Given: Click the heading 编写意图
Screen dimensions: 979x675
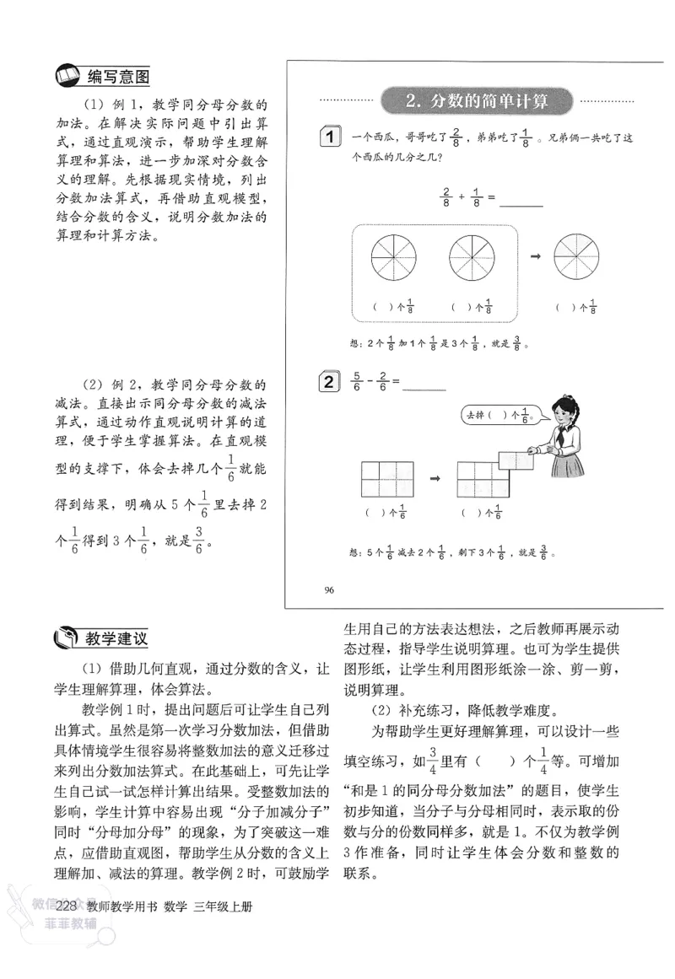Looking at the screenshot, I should coord(118,78).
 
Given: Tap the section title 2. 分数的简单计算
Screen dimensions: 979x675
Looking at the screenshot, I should coord(476,102).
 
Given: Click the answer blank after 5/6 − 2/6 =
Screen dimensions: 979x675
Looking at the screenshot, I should coord(425,386).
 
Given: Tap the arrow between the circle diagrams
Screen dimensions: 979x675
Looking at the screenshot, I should coord(535,256).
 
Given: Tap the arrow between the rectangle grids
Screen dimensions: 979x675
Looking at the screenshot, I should coord(436,478).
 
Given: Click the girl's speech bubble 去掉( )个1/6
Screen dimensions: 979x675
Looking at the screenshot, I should coord(499,415).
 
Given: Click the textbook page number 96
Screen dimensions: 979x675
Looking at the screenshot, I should coord(329,589).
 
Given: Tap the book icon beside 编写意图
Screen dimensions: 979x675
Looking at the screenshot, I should coord(65,78).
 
